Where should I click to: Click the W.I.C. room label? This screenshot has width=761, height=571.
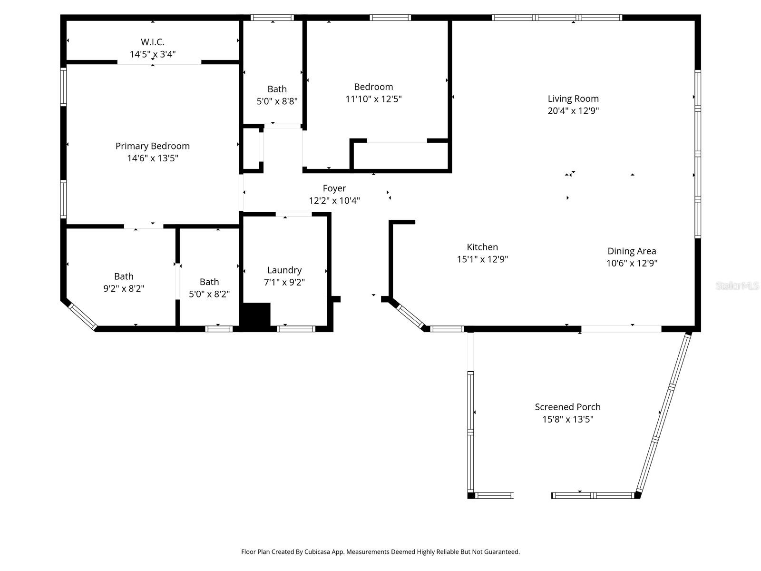[x=153, y=42]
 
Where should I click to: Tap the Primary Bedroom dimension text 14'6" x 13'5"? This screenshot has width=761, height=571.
[x=153, y=158]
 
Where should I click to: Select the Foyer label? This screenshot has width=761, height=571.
[x=334, y=188]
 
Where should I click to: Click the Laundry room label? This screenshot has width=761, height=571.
[x=284, y=270]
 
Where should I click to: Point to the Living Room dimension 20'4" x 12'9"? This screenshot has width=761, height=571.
[x=573, y=111]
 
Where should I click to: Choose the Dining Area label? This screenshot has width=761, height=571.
[x=632, y=251]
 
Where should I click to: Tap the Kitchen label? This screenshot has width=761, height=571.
[x=482, y=247]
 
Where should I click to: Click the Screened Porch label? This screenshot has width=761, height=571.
[x=567, y=407]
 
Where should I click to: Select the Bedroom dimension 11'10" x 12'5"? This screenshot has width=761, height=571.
[x=373, y=99]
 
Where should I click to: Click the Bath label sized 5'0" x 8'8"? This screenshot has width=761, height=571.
[x=277, y=89]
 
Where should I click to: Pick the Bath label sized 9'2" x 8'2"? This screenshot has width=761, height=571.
[x=124, y=276]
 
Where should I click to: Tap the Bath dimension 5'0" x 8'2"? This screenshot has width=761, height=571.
[x=209, y=294]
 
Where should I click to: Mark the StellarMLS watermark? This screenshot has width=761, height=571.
[x=737, y=286]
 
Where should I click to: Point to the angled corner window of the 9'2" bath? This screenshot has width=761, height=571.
[x=82, y=316]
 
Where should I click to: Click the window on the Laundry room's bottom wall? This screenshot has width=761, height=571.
[x=296, y=328]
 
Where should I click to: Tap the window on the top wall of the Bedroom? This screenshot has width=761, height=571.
[x=390, y=18]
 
